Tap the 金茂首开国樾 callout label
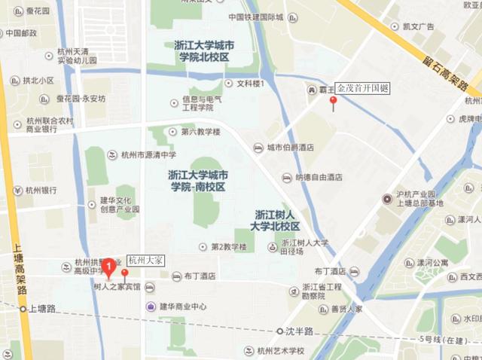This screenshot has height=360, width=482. pyautogui.click(x=363, y=88)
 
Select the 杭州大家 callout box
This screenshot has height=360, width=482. pyautogui.click(x=146, y=261)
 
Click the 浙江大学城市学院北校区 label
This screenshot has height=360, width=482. pyautogui.click(x=201, y=50)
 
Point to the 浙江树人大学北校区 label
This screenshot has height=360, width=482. pyautogui.click(x=276, y=220)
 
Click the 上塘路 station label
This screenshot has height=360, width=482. pyautogui.click(x=42, y=309)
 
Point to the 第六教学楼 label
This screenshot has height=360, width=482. pyautogui.click(x=200, y=132)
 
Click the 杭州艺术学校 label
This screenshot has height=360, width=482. pyautogui.click(x=279, y=350)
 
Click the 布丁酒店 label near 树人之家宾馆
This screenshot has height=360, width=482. pyautogui.click(x=199, y=276)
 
